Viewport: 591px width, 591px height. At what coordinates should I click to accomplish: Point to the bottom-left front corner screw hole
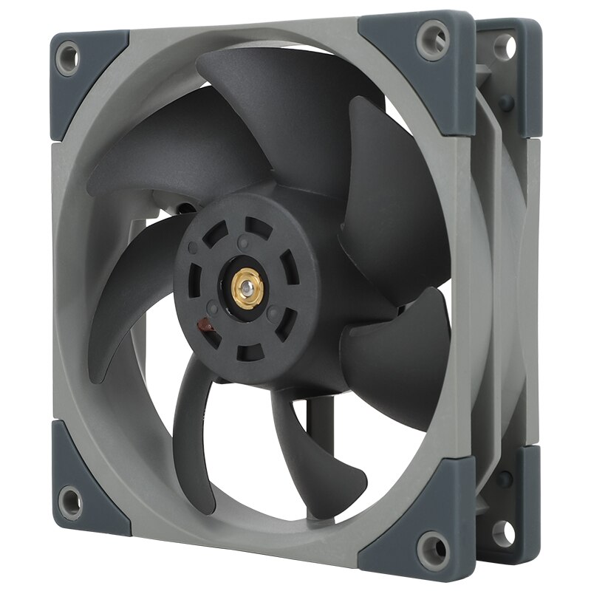coord(70,502)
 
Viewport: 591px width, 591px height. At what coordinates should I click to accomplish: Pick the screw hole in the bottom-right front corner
coord(434,547)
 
